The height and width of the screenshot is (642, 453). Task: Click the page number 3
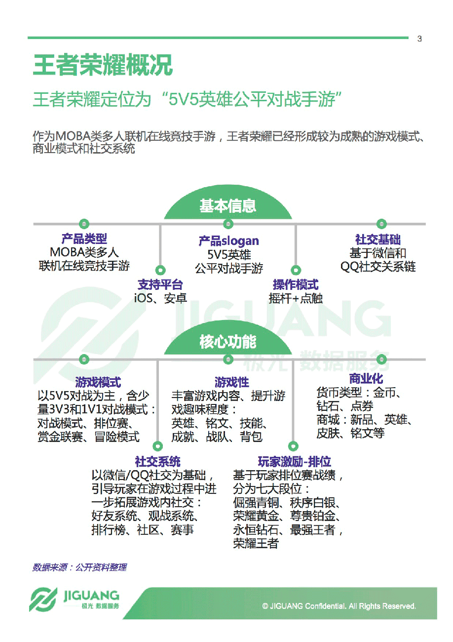click(x=419, y=39)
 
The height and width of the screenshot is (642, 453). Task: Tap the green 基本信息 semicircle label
click(x=227, y=206)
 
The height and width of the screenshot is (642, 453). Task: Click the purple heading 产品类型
click(x=84, y=239)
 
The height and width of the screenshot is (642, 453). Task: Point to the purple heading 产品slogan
click(x=228, y=241)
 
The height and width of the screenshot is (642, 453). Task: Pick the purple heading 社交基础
click(x=377, y=240)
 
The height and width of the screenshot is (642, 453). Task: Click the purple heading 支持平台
click(x=160, y=285)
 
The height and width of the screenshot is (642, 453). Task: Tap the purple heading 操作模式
click(x=296, y=285)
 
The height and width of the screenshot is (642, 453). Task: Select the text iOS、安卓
click(x=160, y=298)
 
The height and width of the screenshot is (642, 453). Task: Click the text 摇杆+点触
click(x=296, y=298)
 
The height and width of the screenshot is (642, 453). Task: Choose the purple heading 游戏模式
click(x=98, y=382)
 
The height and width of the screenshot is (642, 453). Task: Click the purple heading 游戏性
click(x=231, y=382)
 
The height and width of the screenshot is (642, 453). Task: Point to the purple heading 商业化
click(x=366, y=379)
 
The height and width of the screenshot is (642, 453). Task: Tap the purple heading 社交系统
click(x=157, y=462)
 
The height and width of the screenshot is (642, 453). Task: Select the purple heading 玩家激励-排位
click(x=294, y=462)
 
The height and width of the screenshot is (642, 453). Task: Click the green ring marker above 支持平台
click(x=160, y=270)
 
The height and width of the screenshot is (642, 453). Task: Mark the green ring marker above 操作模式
click(x=296, y=270)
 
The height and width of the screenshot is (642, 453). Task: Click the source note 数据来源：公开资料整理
click(x=79, y=567)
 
